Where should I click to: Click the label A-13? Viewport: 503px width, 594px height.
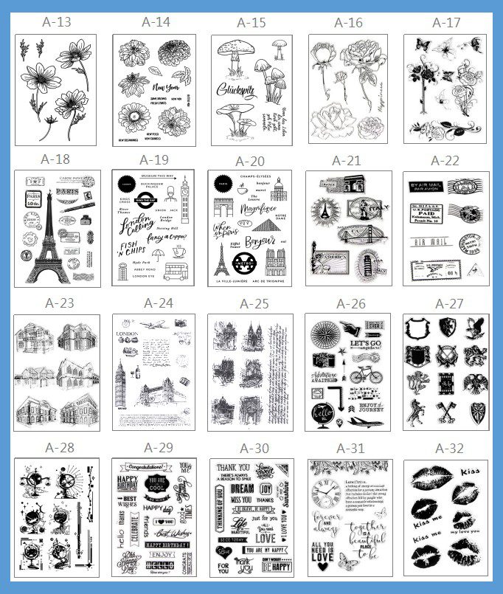(54, 22)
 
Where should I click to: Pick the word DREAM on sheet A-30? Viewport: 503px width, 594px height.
(241, 488)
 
